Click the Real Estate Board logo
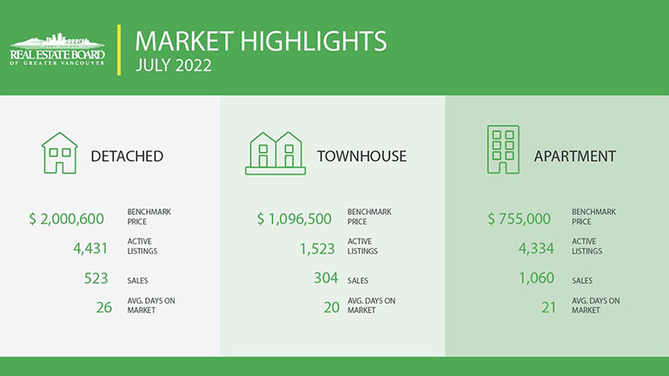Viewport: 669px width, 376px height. (57, 49)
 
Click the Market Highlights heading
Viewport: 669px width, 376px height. (261, 41)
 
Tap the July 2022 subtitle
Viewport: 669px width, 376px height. (174, 66)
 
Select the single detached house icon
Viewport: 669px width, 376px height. (60, 153)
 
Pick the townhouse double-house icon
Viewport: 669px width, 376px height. (275, 153)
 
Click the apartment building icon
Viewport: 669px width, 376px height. (503, 150)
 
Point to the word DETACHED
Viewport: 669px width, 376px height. (127, 157)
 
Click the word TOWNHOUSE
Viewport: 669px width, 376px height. (361, 157)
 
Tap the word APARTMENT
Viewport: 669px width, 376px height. (575, 157)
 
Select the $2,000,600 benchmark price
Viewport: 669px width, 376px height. (67, 218)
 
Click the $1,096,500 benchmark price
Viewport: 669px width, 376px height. (295, 218)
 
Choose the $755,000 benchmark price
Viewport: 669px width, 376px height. (520, 218)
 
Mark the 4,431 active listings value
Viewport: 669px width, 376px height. (90, 248)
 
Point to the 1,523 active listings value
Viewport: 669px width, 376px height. (317, 249)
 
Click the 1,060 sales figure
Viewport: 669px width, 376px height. (537, 279)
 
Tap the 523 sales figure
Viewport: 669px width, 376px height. (96, 279)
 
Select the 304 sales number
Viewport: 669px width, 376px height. (326, 279)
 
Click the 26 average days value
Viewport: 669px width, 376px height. (104, 307)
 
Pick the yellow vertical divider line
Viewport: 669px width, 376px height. (119, 50)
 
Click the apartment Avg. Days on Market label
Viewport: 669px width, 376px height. (596, 305)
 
